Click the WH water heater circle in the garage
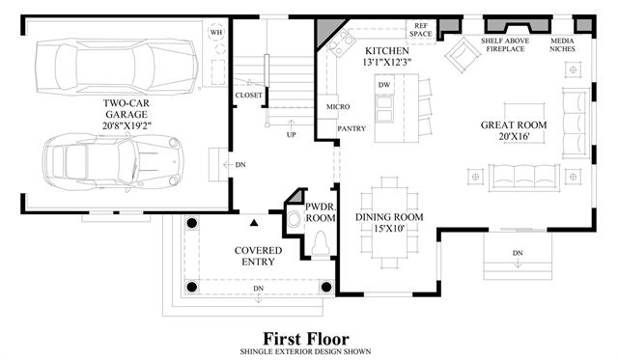(x=216, y=32)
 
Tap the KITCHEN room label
(x=386, y=51)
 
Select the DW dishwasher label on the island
(x=384, y=85)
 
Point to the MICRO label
(x=338, y=107)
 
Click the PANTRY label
(x=351, y=128)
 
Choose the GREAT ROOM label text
(x=514, y=125)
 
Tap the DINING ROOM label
(x=389, y=217)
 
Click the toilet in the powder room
(x=320, y=244)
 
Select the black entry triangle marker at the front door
(x=254, y=223)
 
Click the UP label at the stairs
(x=291, y=135)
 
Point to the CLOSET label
(x=249, y=96)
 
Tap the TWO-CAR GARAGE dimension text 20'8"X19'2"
(x=126, y=125)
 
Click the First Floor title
(x=306, y=339)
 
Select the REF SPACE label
(x=421, y=30)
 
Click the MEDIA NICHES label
(x=562, y=45)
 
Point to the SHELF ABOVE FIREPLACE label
(x=505, y=45)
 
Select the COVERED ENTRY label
(x=258, y=256)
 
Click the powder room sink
(x=294, y=219)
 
